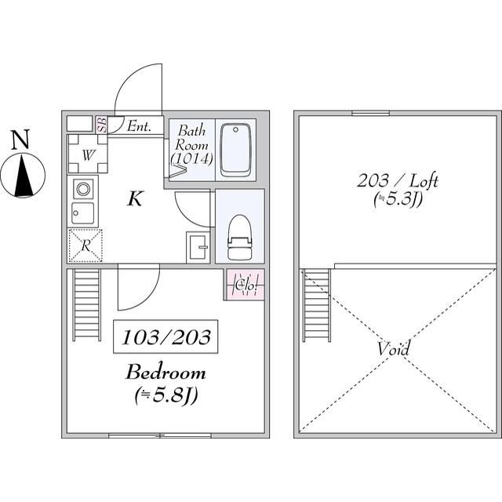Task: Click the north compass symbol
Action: coord(23,176)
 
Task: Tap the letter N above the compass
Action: coord(20,140)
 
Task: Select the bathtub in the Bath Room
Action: coord(235,150)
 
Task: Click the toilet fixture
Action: coord(238,236)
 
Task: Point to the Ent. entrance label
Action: coord(139,126)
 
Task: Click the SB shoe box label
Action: coord(102,125)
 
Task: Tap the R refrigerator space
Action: coord(85,246)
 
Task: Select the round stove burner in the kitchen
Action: coord(83,188)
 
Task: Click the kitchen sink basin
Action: coord(83,213)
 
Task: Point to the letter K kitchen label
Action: coord(135,198)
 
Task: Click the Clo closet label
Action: coord(246,285)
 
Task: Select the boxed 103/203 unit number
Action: coord(166,336)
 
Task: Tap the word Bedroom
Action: coord(166,373)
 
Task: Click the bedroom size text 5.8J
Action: coord(166,395)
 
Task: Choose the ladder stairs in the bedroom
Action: coord(87,304)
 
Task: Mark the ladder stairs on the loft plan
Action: coord(317,306)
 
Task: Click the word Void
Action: coord(394,348)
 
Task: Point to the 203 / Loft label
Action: coord(398,181)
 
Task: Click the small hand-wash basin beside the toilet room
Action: coord(198,247)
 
